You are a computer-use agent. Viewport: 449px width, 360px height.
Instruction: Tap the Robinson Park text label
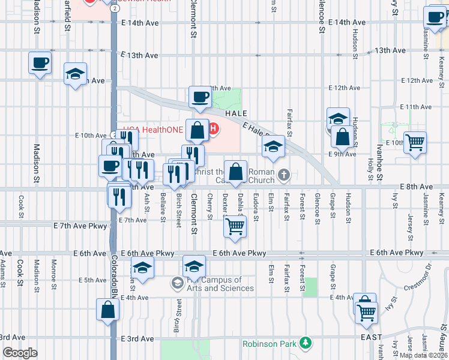tap(270, 344)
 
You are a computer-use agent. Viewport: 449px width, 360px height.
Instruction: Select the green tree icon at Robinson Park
tap(306, 343)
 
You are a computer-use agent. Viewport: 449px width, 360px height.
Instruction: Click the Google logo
tap(20, 353)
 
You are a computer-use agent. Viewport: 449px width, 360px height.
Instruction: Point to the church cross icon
tap(284, 175)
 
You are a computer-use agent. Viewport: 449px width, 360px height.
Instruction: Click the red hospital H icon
tap(213, 128)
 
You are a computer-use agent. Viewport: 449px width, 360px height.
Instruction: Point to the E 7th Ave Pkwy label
tap(80, 226)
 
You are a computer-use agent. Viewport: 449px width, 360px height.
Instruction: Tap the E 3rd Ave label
tap(139, 339)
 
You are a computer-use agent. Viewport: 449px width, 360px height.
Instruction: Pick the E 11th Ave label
tap(418, 107)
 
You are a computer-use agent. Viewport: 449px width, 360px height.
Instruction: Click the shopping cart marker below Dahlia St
tap(235, 226)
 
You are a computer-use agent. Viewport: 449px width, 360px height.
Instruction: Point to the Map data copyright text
tap(424, 355)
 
